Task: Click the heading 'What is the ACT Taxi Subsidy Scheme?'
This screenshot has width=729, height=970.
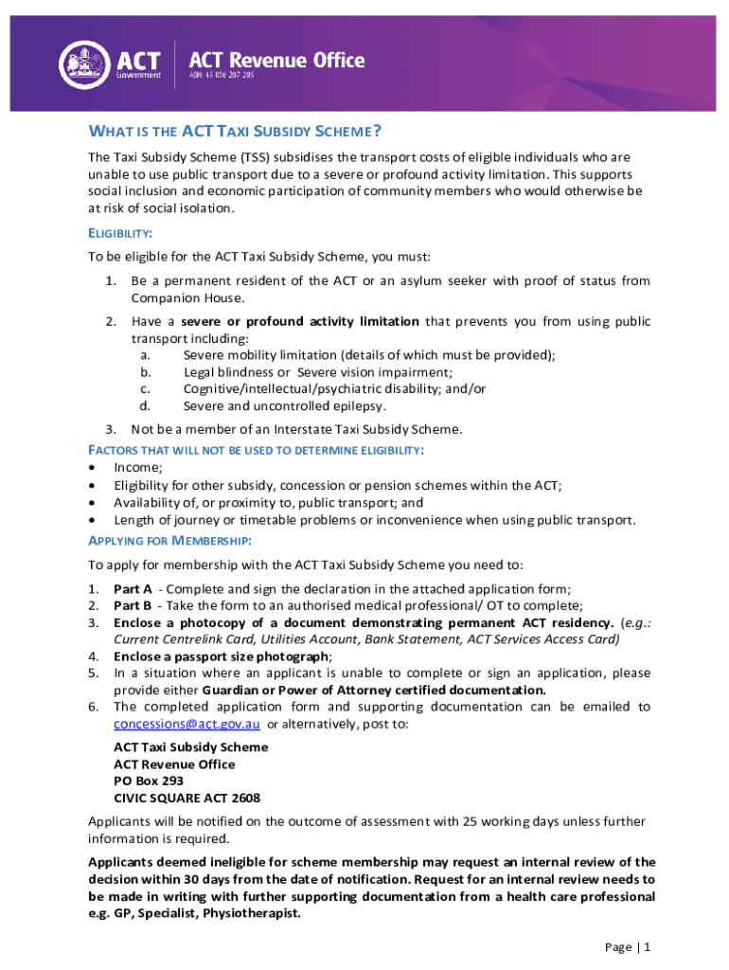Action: coord(235,131)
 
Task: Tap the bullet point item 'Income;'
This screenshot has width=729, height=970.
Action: coord(138,467)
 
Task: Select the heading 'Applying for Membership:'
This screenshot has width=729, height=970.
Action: coord(169,540)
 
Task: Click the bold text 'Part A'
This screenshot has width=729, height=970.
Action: coord(133,589)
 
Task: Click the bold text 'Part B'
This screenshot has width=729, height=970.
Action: coord(133,606)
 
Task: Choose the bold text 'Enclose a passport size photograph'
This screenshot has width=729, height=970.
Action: coord(222,656)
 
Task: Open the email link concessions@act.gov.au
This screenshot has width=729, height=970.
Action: coord(187,725)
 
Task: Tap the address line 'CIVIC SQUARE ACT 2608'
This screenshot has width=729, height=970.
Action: coord(187,799)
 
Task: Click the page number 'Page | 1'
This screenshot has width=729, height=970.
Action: coord(627,947)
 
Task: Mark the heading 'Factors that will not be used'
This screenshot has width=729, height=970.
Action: coord(256,449)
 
